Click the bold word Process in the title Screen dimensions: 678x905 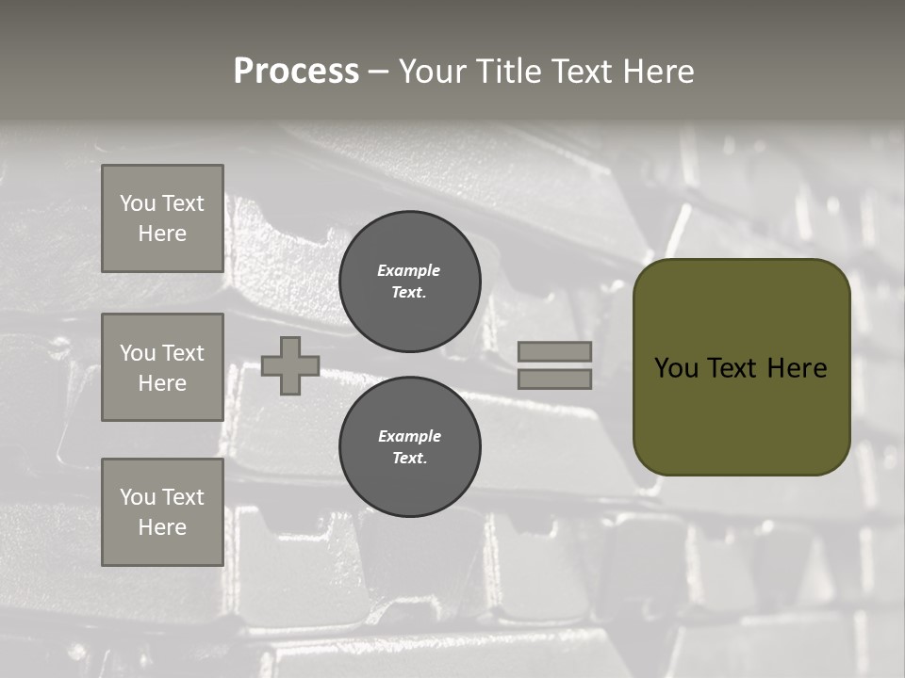pyautogui.click(x=296, y=72)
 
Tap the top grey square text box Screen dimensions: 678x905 pyautogui.click(x=162, y=218)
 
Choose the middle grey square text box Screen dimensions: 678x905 pyautogui.click(x=162, y=367)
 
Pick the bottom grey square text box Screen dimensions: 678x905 pyautogui.click(x=162, y=512)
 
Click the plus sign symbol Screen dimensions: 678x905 pyautogui.click(x=290, y=365)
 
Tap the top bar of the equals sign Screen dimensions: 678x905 pyautogui.click(x=555, y=352)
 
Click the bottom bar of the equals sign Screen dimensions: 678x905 pyautogui.click(x=555, y=379)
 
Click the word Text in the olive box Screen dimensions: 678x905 pyautogui.click(x=738, y=368)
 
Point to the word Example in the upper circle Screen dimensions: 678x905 pyautogui.click(x=408, y=270)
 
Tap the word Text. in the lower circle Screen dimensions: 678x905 pyautogui.click(x=410, y=458)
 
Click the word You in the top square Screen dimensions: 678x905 pyautogui.click(x=138, y=203)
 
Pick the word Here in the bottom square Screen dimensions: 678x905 pyautogui.click(x=162, y=527)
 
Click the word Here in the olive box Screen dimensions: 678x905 pyautogui.click(x=798, y=368)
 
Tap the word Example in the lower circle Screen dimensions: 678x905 pyautogui.click(x=409, y=436)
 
